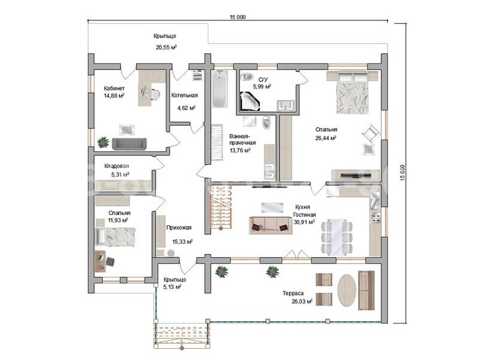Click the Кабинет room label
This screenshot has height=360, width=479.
tap(114, 88)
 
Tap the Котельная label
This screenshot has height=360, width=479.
tap(184, 95)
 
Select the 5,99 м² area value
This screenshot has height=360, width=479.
tap(262, 86)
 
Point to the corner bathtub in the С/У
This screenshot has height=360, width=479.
tap(250, 101)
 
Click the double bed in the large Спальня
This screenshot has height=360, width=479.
tap(352, 92)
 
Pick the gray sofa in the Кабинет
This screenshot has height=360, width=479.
tap(129, 144)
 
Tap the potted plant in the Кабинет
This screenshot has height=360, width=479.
tap(103, 142)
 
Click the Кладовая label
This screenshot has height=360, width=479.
tap(117, 166)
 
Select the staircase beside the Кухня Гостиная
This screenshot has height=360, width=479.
tap(220, 207)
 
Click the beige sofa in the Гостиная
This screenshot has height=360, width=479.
tap(271, 226)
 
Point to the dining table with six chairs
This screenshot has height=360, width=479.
tap(336, 237)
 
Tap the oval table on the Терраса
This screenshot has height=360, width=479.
tap(347, 289)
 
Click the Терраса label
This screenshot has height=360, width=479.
tap(293, 294)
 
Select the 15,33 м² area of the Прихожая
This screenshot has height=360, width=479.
tap(182, 242)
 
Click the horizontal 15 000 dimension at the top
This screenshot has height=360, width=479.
tap(237, 17)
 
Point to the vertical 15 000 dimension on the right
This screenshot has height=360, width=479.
tap(402, 173)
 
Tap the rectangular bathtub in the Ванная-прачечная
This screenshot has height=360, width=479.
tap(220, 89)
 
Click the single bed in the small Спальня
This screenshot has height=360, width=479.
tap(116, 237)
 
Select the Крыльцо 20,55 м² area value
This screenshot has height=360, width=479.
tap(166, 47)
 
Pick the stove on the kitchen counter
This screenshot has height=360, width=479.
tap(375, 217)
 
